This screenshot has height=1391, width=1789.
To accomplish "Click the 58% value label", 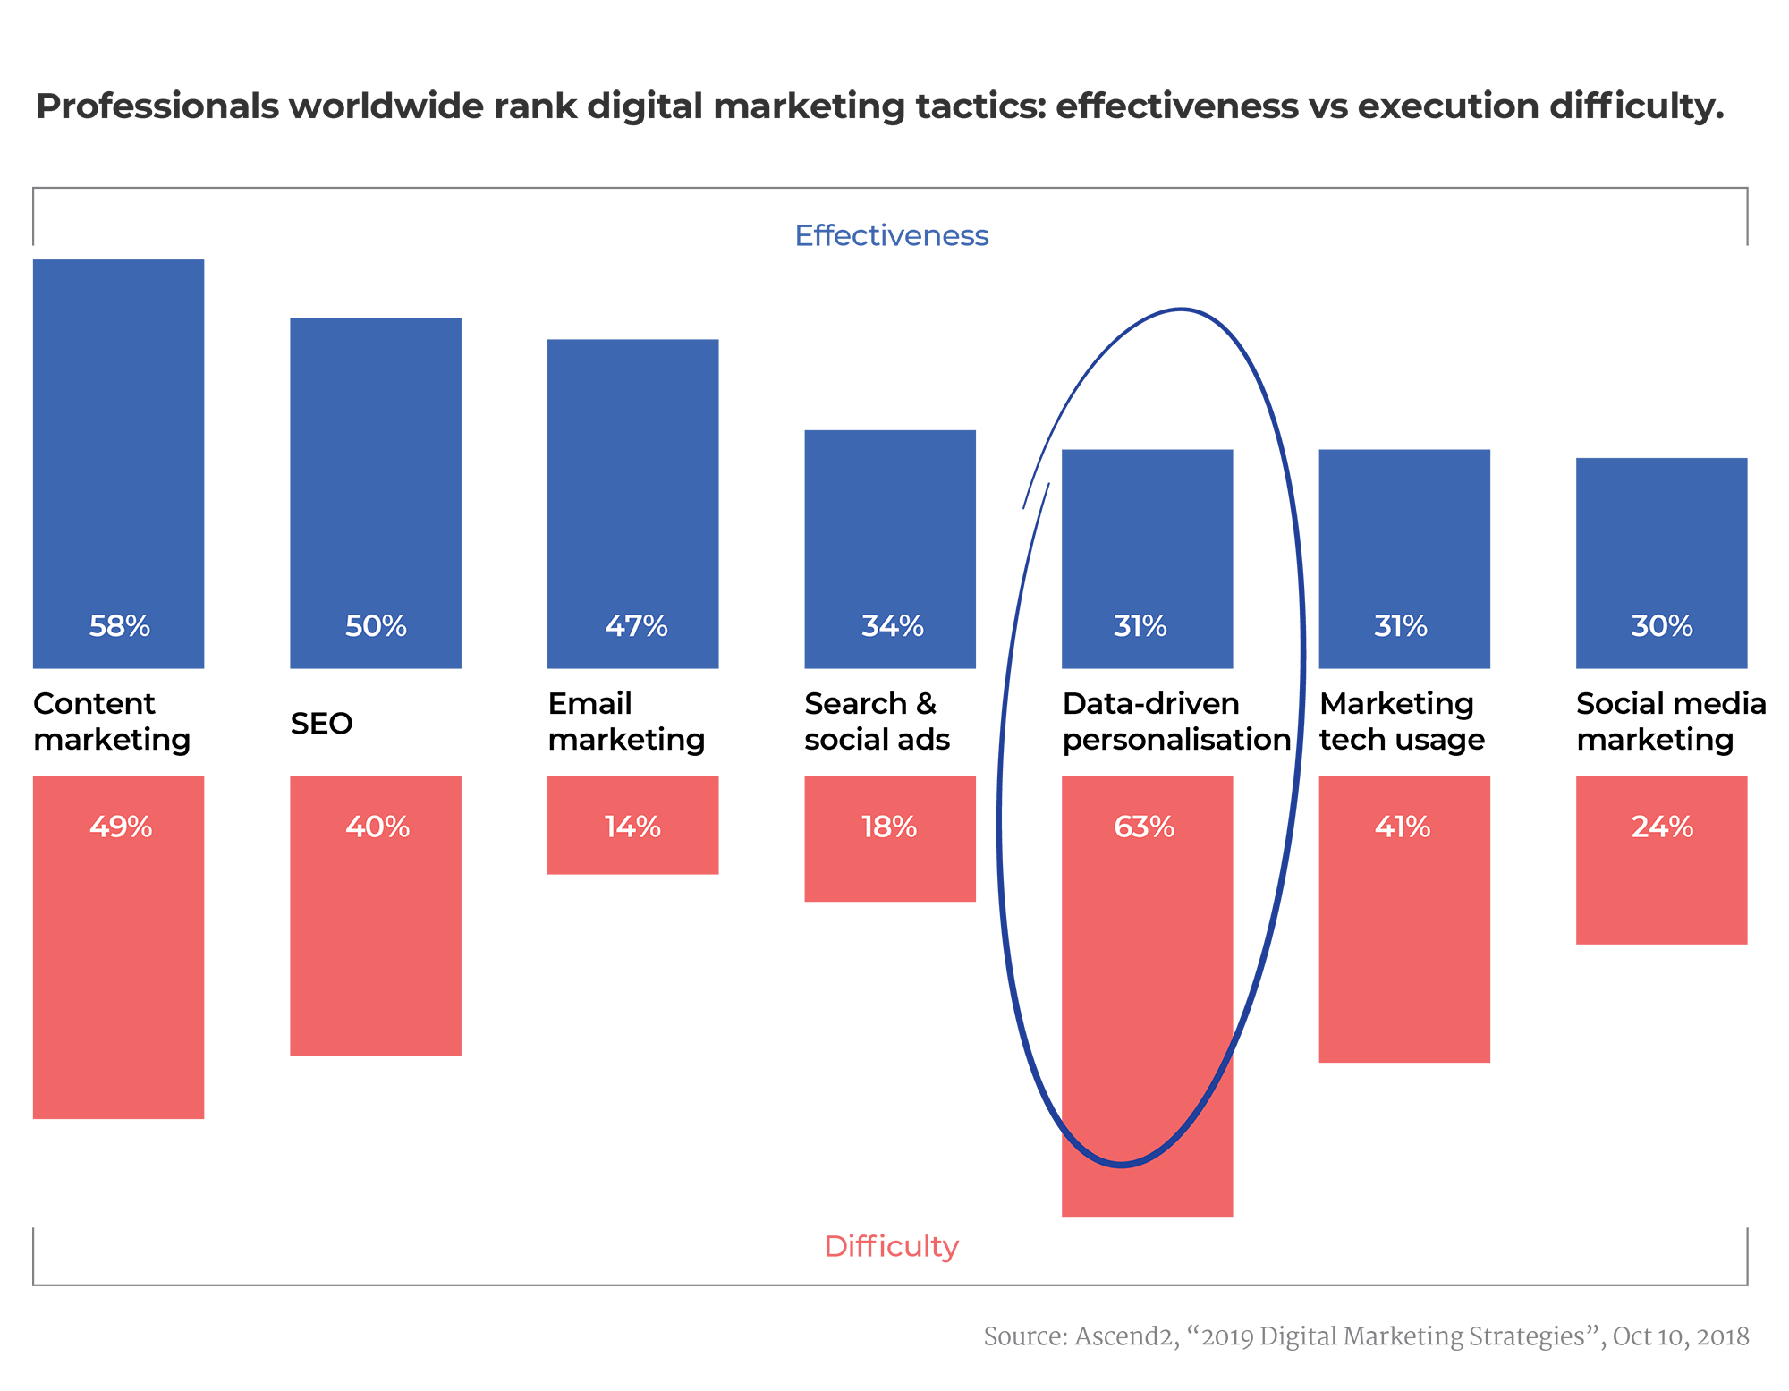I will click(119, 626).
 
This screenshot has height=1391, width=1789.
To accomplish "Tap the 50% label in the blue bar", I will click(376, 626).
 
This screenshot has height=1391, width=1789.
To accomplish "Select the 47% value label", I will click(635, 626).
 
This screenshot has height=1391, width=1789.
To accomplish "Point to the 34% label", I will click(892, 626).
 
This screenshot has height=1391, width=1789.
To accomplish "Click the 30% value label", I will click(1661, 626).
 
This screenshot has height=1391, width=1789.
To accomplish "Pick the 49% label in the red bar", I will click(120, 827).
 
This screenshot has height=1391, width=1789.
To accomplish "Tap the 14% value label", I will click(632, 827).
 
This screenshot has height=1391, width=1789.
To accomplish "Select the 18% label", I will click(889, 827).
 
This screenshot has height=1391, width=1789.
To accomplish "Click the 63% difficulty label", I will click(1144, 827).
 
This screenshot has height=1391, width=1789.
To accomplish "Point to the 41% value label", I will click(1402, 827).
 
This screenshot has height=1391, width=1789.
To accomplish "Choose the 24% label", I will click(1661, 827).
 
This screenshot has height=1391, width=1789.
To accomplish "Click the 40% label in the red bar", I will click(377, 827).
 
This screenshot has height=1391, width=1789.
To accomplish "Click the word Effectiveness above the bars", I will click(892, 235).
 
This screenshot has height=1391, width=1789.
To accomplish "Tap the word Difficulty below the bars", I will click(891, 1246).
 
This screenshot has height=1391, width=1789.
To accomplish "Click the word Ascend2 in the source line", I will click(1125, 1336).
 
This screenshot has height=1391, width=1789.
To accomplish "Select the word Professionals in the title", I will click(157, 106).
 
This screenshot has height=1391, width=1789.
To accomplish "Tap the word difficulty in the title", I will click(1636, 106).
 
